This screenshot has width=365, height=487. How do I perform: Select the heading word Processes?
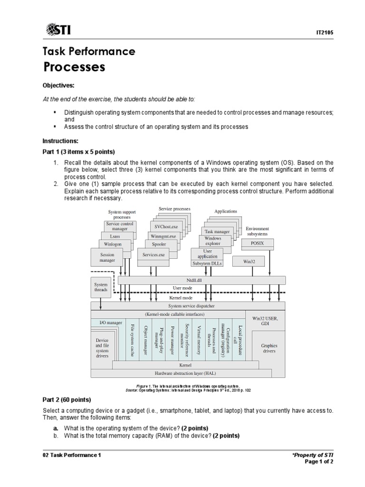click(x=74, y=67)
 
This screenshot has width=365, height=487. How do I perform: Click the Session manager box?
click(x=107, y=258)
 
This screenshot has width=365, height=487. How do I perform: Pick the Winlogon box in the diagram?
click(x=113, y=244)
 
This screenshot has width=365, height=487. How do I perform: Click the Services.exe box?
click(x=154, y=255)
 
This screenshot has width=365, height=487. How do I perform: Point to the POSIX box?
click(x=257, y=243)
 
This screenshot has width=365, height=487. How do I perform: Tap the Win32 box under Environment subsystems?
click(x=247, y=261)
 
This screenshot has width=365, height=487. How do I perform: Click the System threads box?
click(x=101, y=286)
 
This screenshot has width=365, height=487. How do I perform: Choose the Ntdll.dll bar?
click(x=202, y=280)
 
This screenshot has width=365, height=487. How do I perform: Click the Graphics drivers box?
click(x=269, y=349)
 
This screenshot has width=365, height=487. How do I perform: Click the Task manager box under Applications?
click(x=217, y=232)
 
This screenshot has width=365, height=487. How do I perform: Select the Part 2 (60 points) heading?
click(x=67, y=399)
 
